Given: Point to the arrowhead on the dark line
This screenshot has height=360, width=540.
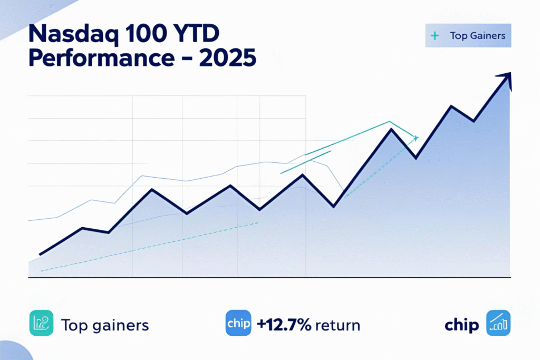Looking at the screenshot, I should tap(507, 77).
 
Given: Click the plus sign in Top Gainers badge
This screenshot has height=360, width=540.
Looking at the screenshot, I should tap(435, 36).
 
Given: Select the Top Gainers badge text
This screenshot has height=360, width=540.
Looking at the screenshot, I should tap(477, 36).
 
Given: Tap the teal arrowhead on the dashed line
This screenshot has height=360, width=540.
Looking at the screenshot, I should tap(416, 138).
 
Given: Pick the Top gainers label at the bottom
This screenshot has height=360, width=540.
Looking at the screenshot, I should tap(105, 325).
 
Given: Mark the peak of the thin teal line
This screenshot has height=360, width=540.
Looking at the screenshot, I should tap(389, 122).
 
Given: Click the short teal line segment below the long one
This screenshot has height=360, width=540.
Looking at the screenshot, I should tap(306, 162).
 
